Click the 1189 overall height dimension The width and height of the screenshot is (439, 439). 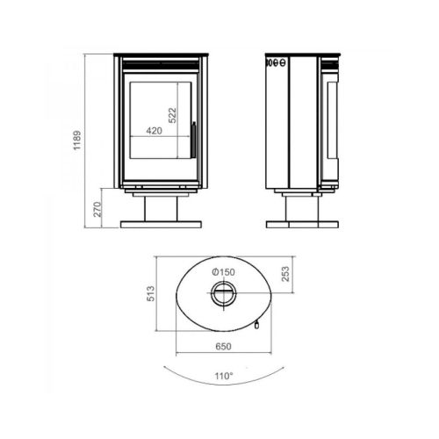pos(77,140)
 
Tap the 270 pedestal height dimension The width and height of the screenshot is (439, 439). pos(97,209)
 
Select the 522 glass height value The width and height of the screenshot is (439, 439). pos(173,115)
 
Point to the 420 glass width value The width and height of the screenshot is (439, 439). pos(155,131)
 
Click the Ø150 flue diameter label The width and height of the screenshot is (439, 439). pos(223,272)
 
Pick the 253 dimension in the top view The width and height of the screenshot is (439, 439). pos(285,274)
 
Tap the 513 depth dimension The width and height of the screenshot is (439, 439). pos(150,293)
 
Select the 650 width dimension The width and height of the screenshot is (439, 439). pos(223,347)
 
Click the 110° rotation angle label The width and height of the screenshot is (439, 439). pos(224,376)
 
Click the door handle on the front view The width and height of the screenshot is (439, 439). pos(193,140)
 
